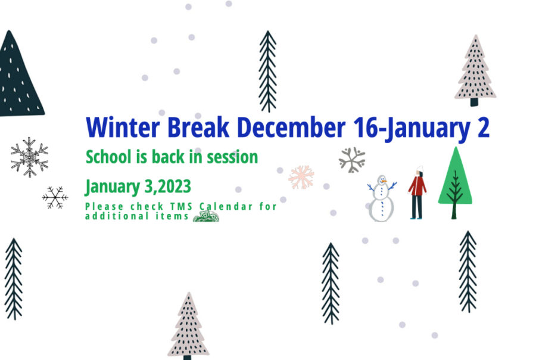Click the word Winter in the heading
(x=123, y=128)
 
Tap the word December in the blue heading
(x=291, y=128)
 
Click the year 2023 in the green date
(x=174, y=186)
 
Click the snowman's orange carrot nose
(x=384, y=181)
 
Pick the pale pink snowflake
(x=301, y=177)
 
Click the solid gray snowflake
(x=352, y=160)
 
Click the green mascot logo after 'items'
(x=206, y=216)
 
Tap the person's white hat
(x=420, y=169)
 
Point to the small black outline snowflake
(x=55, y=197)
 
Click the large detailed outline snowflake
(x=29, y=157)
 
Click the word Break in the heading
(x=198, y=128)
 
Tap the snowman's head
(x=382, y=180)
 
